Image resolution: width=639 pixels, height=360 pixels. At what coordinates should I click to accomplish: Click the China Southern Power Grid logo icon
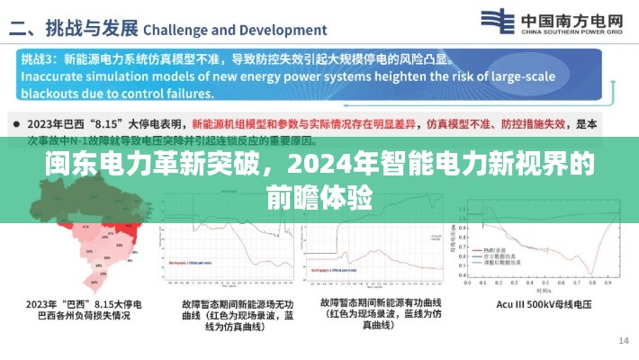pos(498,22)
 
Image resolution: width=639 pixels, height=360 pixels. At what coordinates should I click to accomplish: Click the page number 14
pos(623,340)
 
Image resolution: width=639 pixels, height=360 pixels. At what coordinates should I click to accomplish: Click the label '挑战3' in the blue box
pos(35,58)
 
